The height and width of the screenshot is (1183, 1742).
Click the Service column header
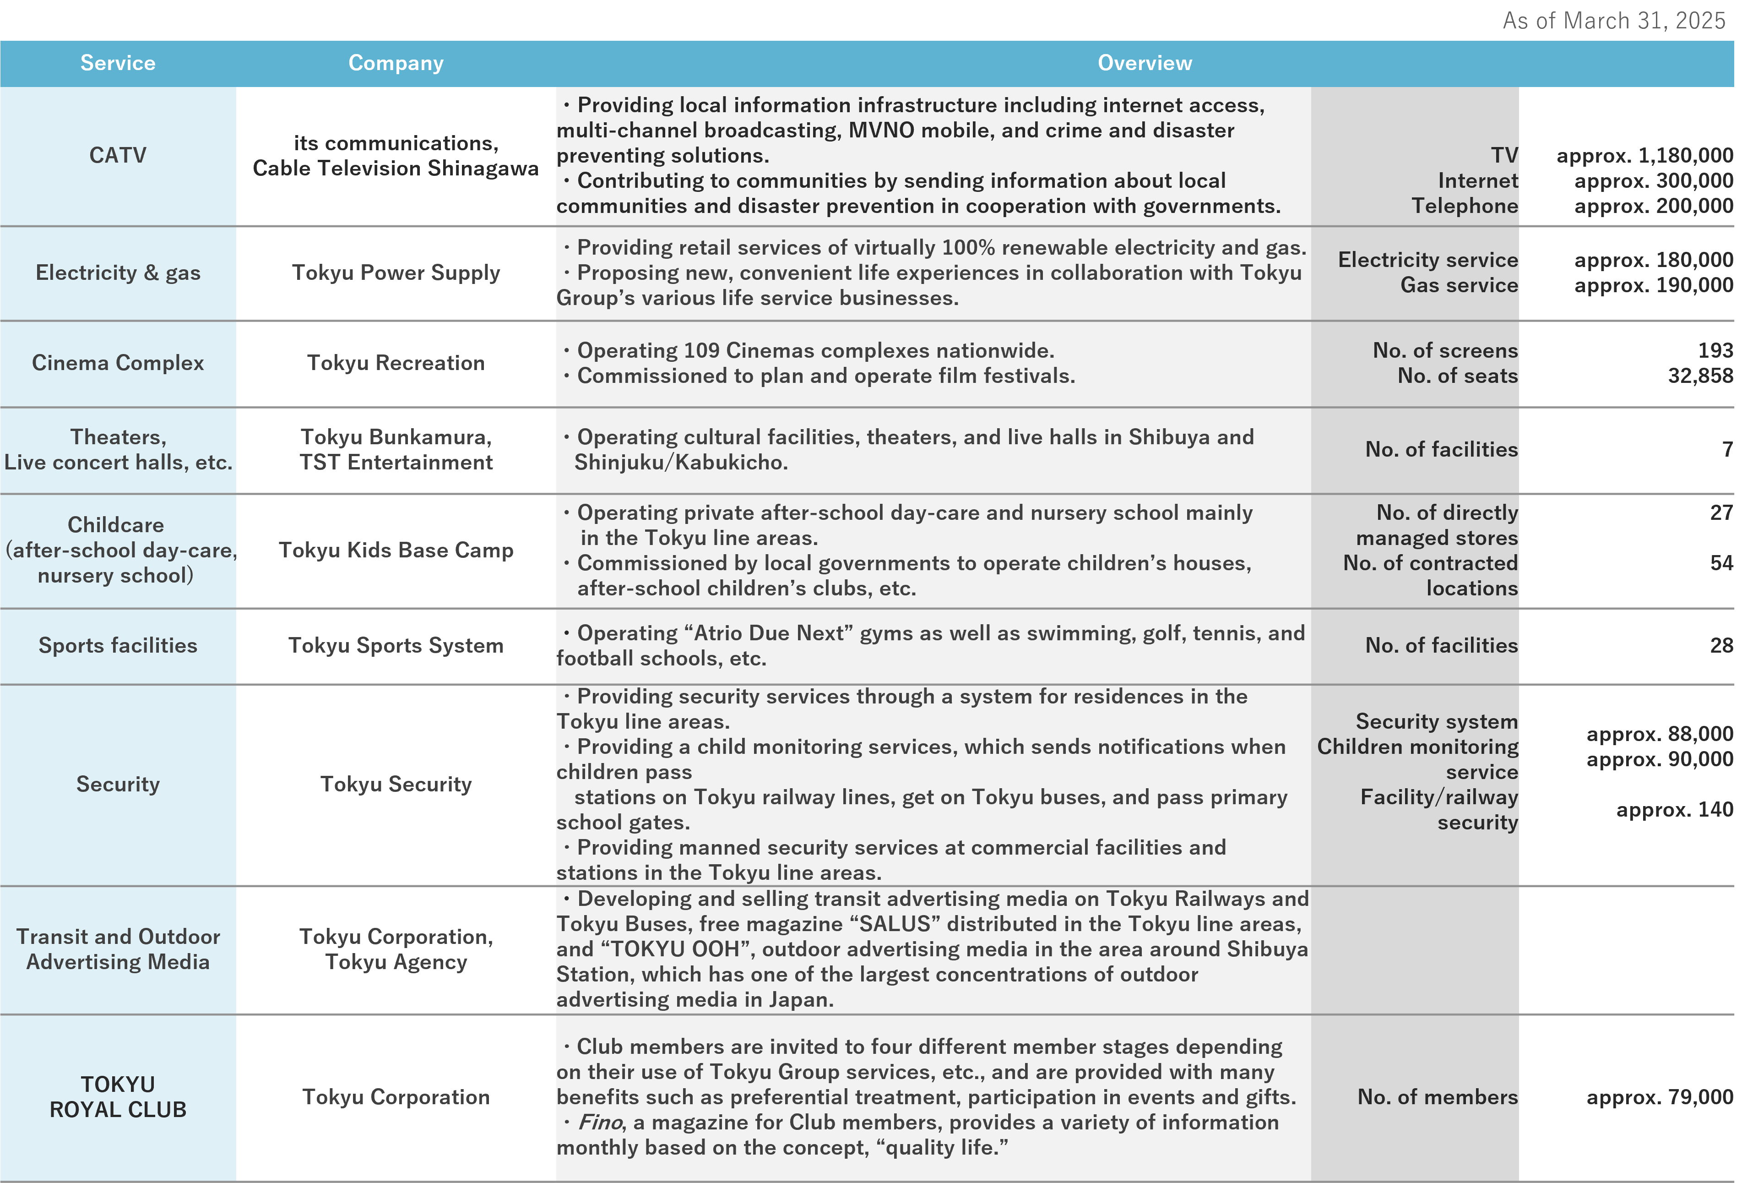(118, 63)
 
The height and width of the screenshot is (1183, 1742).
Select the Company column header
(396, 63)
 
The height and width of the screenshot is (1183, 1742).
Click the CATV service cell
(118, 155)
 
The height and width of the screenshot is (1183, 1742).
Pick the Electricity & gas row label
(118, 273)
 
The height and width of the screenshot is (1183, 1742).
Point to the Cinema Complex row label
(118, 363)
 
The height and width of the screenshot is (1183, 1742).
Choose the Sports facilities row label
(118, 645)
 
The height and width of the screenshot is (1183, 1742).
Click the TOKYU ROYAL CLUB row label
(118, 1097)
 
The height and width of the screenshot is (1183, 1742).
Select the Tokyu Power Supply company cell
(396, 273)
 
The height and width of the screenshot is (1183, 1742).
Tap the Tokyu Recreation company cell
(396, 363)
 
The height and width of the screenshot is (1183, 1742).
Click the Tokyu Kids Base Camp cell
(396, 550)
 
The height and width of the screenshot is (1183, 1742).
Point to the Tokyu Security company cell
(396, 784)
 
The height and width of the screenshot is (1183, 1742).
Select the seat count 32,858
(1699, 376)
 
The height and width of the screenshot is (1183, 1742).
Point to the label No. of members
(1437, 1097)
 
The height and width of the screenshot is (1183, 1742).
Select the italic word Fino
(600, 1122)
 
